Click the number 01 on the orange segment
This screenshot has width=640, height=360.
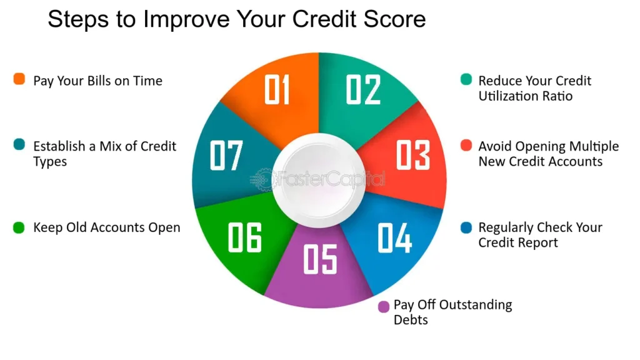(x=277, y=89)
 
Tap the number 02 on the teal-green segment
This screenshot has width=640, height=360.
(x=363, y=89)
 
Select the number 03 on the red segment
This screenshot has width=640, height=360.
(x=413, y=155)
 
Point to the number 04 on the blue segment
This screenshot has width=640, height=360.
(x=395, y=237)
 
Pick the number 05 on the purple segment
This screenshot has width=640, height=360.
(x=321, y=259)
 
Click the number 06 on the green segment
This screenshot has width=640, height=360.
(x=245, y=237)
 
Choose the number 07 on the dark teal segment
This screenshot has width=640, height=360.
(x=226, y=155)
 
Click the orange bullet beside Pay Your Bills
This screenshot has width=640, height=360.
(x=19, y=79)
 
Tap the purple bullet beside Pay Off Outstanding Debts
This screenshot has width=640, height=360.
(x=384, y=306)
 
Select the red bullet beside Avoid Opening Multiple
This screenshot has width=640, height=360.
(x=466, y=145)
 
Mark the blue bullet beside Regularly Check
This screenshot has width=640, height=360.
(x=466, y=227)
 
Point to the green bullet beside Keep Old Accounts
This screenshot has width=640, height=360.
(x=19, y=227)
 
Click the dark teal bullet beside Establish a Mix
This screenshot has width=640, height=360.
(x=19, y=144)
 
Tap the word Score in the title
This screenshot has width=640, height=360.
(x=395, y=19)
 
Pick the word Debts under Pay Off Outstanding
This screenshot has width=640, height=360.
(x=411, y=319)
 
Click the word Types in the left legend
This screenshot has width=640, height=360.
(x=50, y=162)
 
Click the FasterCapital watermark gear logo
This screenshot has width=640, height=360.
(x=262, y=179)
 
